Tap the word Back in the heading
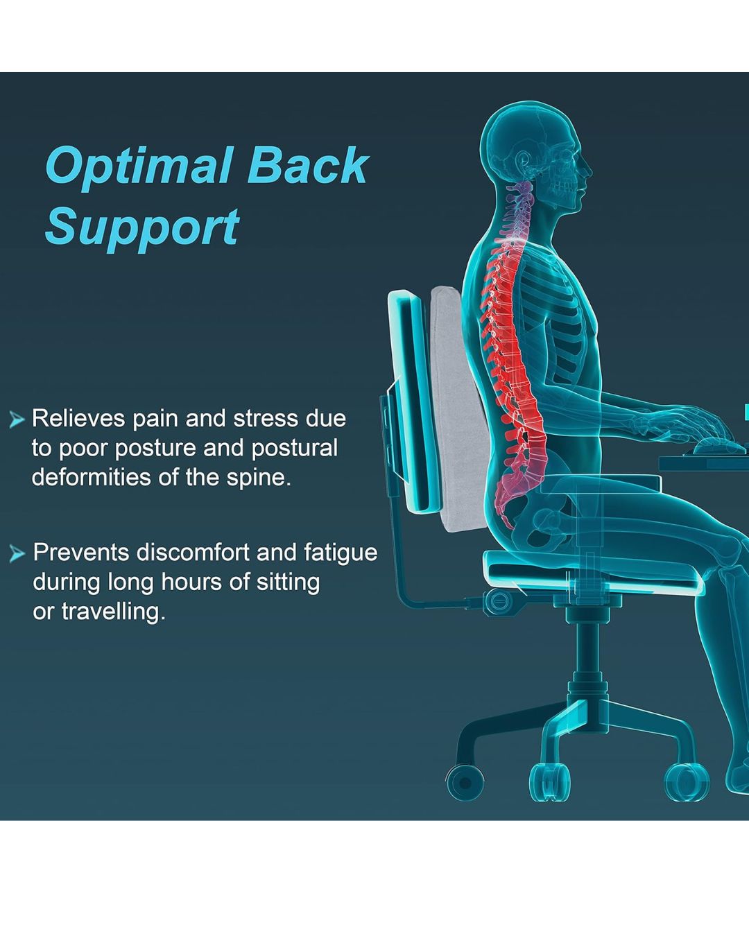308,165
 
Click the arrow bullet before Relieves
17,419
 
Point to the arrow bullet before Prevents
17,554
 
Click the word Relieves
78,419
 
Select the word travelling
114,611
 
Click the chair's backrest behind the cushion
411,401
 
